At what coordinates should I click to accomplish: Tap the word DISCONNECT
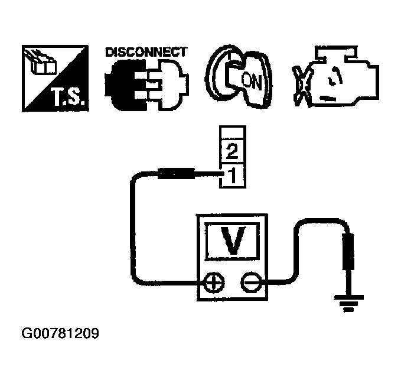(x=145, y=53)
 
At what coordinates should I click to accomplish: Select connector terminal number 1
(x=232, y=174)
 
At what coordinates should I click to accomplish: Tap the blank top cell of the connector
(x=232, y=133)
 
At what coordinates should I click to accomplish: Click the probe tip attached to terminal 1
(x=175, y=174)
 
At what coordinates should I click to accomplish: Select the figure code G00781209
(x=60, y=335)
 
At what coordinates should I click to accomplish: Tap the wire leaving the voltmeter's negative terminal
(x=295, y=248)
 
